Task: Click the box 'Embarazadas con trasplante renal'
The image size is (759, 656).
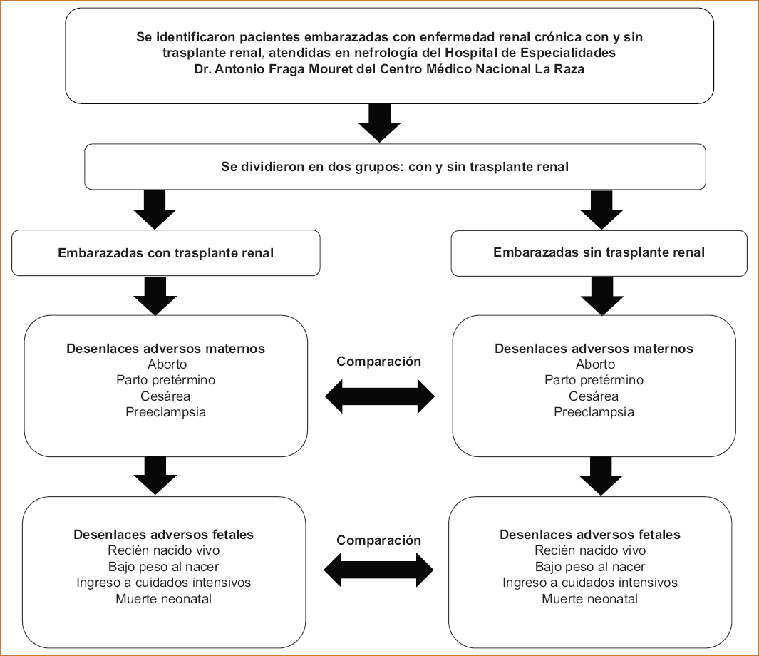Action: tap(165, 252)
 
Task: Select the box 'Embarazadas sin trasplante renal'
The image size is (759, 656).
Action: tap(599, 253)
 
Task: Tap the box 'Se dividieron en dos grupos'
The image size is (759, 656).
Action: tap(395, 167)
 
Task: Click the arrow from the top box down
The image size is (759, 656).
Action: tap(379, 123)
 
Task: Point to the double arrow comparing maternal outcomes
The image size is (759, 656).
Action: tap(380, 396)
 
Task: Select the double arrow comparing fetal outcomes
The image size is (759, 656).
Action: tap(378, 570)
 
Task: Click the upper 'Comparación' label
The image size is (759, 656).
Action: tap(378, 362)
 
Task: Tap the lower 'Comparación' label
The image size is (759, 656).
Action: tap(378, 540)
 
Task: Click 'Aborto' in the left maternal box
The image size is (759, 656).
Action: tap(167, 364)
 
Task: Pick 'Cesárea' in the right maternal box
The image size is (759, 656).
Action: tap(594, 396)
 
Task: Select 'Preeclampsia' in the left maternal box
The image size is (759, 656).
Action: tap(165, 412)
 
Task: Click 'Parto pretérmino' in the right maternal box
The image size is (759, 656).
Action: tap(594, 380)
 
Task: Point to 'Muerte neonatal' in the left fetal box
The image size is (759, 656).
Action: tap(164, 599)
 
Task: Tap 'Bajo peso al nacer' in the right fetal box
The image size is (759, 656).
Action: tap(590, 567)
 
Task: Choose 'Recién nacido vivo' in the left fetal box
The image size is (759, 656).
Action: tap(164, 550)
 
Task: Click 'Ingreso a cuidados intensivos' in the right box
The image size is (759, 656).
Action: tap(590, 583)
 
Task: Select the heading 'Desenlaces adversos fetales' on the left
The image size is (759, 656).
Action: tap(164, 535)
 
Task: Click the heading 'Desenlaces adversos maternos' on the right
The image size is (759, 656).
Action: tap(594, 349)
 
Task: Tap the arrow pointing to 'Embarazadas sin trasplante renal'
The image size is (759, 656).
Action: tap(601, 210)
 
